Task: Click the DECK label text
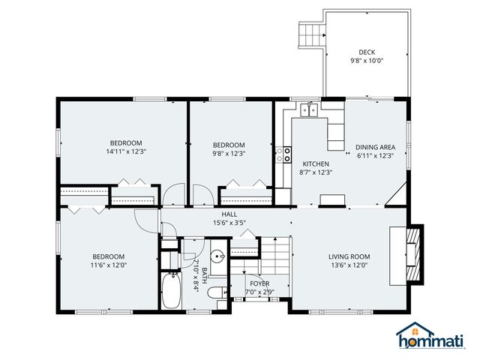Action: coord(366,52)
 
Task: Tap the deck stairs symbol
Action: coord(310,34)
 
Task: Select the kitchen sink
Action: coord(307,112)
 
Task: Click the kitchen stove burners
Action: coord(284,154)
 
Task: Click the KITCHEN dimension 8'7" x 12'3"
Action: coord(316,172)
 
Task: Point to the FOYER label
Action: coord(259,283)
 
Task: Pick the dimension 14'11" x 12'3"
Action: coord(125,152)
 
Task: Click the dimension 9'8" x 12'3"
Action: coord(228,154)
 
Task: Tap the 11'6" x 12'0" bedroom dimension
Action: coord(109,265)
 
